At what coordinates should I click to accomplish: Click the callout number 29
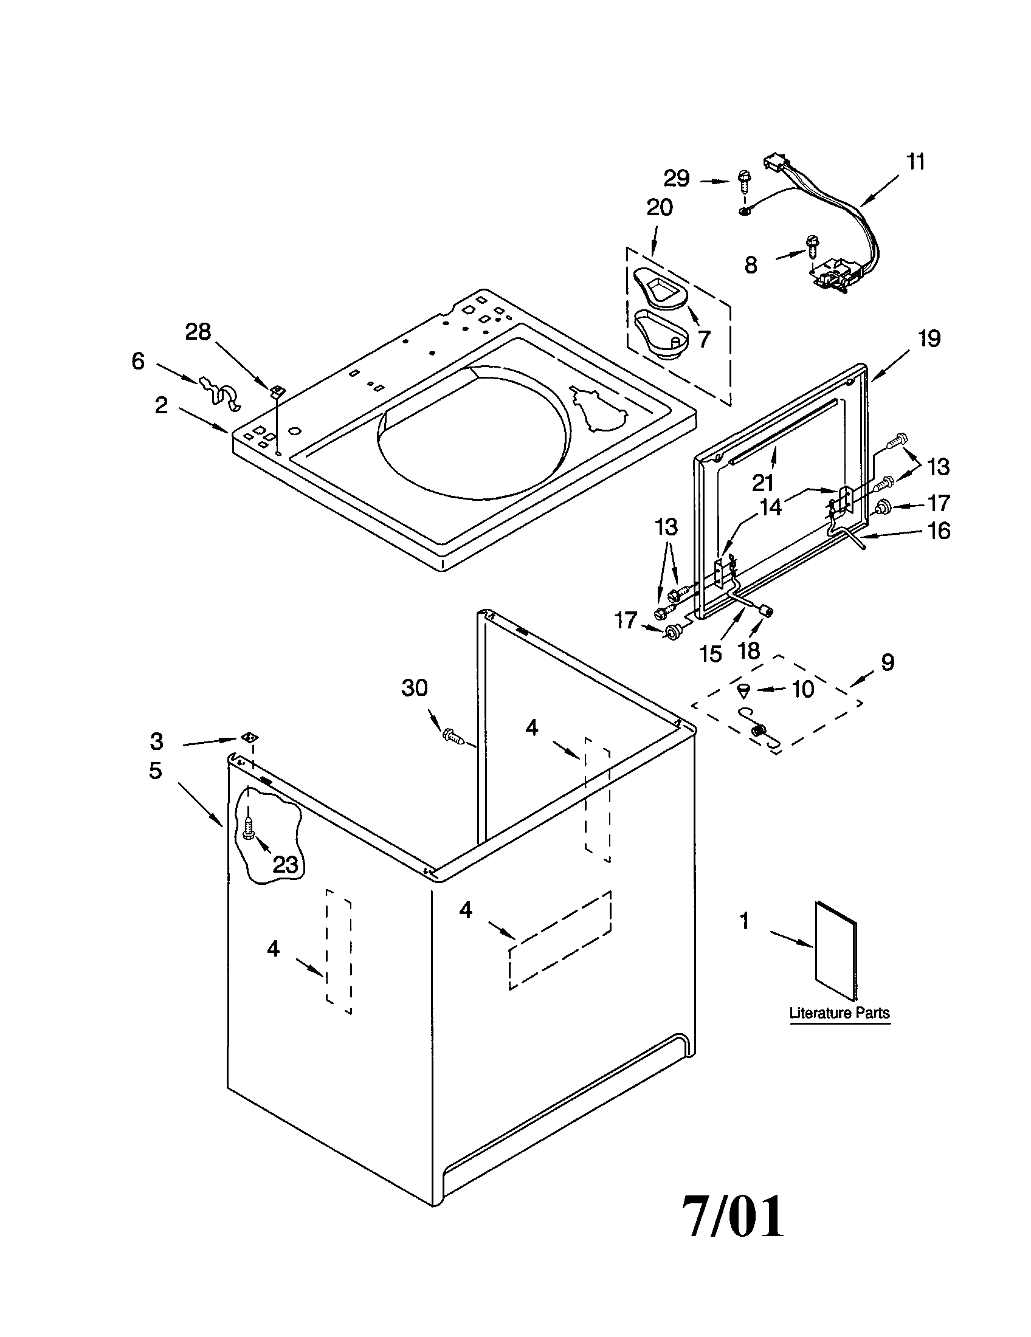click(677, 179)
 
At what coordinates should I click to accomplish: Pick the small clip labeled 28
click(277, 390)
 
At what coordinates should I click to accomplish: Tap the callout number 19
click(929, 339)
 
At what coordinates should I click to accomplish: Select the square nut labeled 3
click(249, 737)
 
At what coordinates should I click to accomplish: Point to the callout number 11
click(915, 162)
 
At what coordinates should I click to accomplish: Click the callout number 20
click(660, 208)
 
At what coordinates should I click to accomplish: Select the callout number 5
click(156, 771)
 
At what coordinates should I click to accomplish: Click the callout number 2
click(161, 405)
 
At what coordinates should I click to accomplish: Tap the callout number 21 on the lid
click(763, 483)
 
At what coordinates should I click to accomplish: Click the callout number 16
click(939, 531)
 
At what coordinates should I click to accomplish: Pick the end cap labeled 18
click(766, 610)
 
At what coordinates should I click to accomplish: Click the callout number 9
click(888, 662)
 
